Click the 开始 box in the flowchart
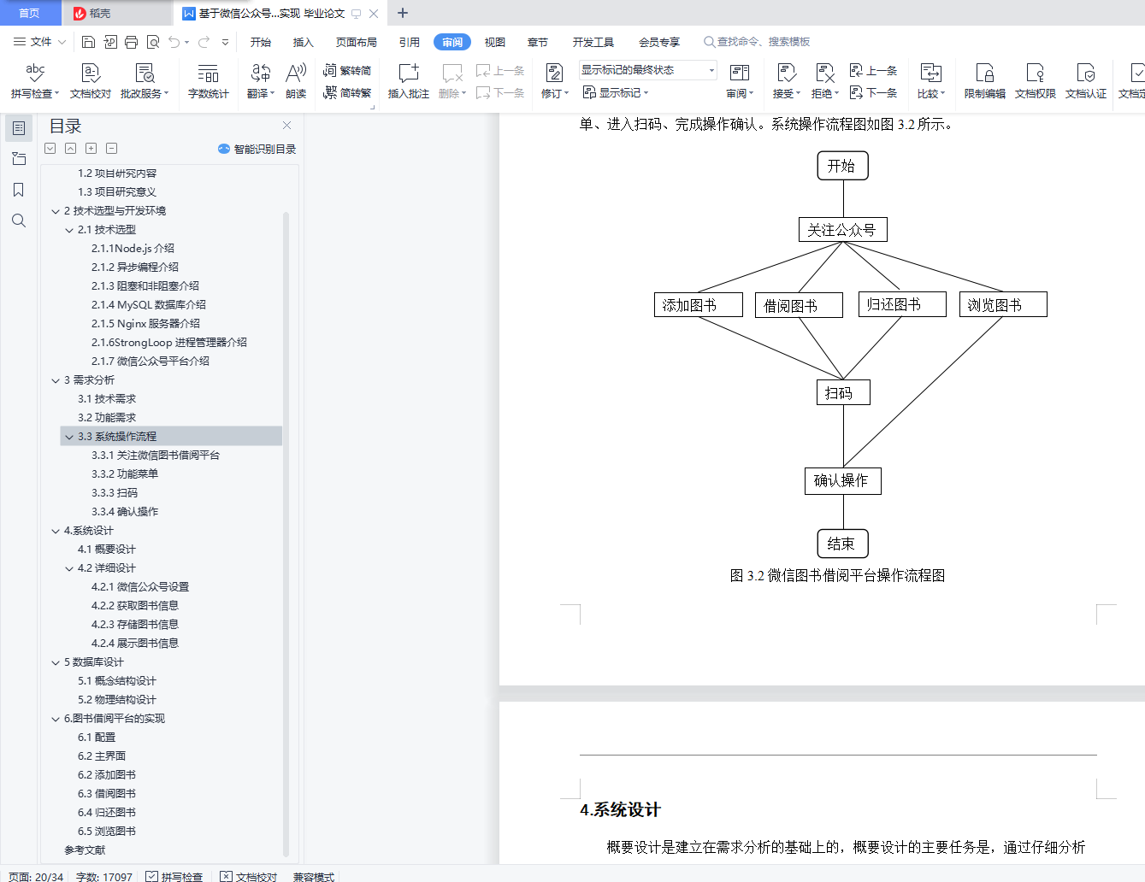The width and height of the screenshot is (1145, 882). point(842,166)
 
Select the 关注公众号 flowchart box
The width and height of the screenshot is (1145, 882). point(842,230)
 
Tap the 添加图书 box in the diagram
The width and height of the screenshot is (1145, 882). point(698,305)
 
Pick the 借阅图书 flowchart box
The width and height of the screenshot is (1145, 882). point(799,305)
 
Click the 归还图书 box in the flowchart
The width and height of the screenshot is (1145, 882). point(901,304)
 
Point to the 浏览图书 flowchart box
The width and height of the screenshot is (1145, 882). point(1002,305)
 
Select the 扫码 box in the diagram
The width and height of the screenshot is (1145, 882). point(842,393)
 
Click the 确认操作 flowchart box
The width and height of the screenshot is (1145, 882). point(842,480)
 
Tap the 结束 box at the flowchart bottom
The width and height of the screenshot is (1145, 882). point(842,544)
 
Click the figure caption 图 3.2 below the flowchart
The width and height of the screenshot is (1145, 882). point(837,576)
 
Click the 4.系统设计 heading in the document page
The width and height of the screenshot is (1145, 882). point(620,810)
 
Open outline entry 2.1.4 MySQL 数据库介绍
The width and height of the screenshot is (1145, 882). point(149,304)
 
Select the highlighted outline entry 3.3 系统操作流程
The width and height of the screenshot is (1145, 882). point(117,436)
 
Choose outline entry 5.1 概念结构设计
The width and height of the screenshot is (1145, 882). point(117,680)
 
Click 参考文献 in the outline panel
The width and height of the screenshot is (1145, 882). point(85,850)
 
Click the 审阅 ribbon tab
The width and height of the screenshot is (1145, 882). point(452,42)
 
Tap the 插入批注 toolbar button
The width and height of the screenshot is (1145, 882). point(409,81)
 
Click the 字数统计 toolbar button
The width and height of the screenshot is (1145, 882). point(209,81)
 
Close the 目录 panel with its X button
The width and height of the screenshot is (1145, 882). point(287,126)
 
